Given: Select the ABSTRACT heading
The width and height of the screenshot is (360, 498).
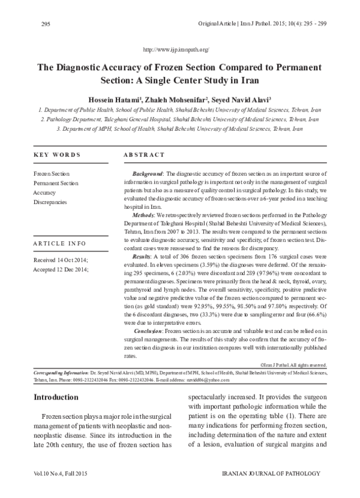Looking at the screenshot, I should coord(144,154).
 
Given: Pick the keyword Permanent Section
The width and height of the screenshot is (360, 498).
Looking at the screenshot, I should coord(56,183).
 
